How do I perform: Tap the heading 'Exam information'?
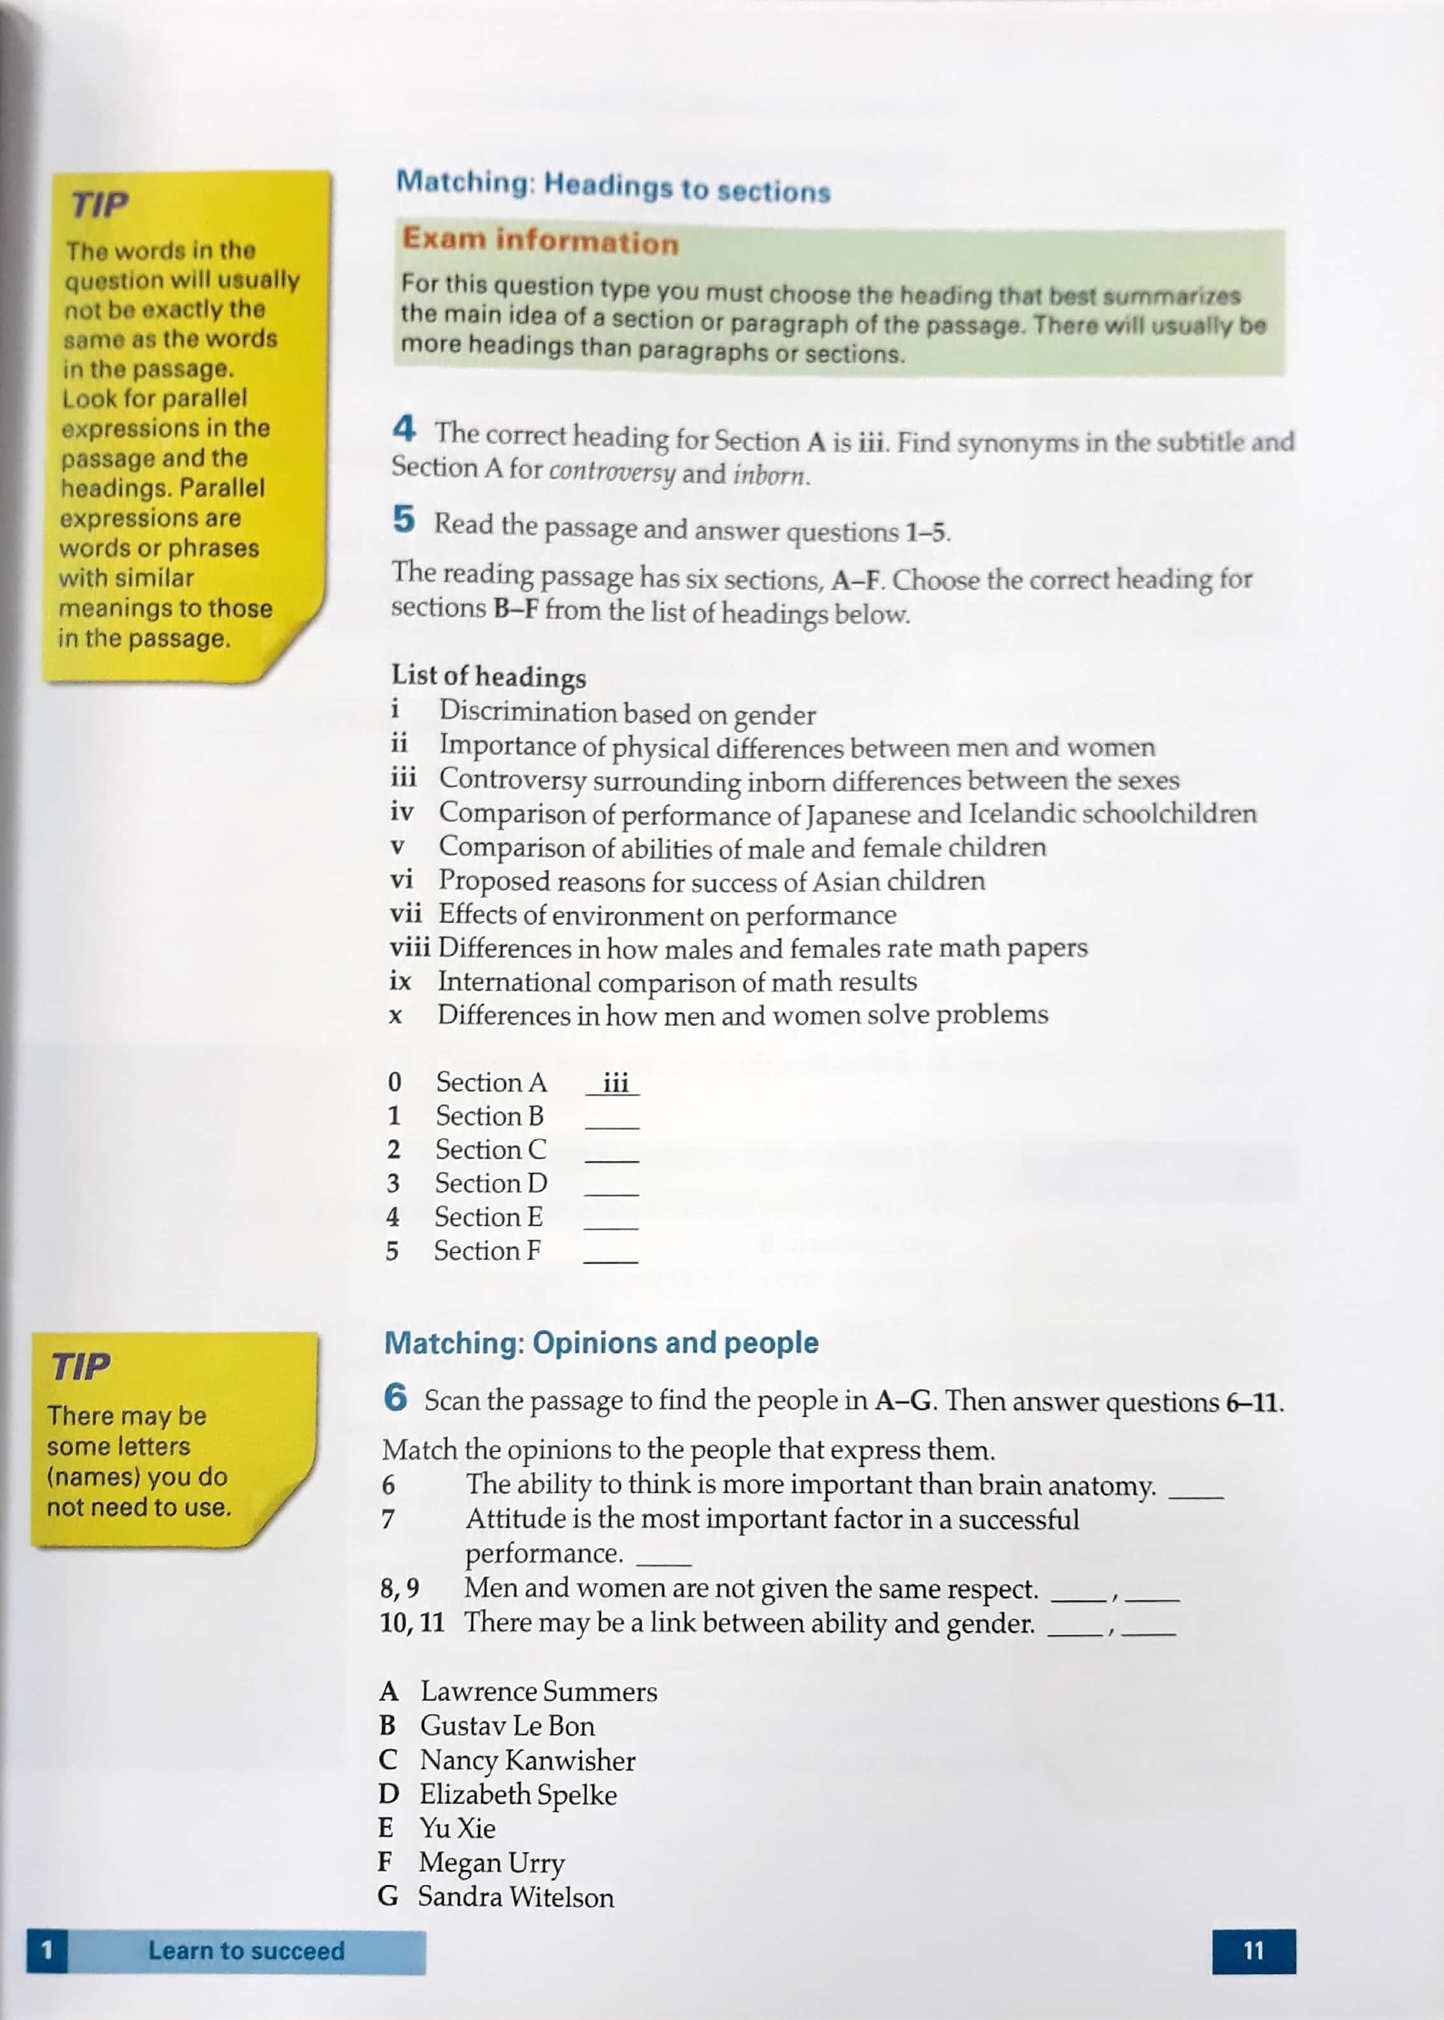pyautogui.click(x=540, y=240)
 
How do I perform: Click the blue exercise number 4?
pyautogui.click(x=404, y=429)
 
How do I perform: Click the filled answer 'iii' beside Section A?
pyautogui.click(x=614, y=1083)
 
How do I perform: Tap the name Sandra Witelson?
pyautogui.click(x=516, y=1896)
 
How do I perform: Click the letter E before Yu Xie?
pyautogui.click(x=386, y=1828)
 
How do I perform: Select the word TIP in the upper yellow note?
pyautogui.click(x=99, y=204)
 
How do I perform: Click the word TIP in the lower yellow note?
pyautogui.click(x=81, y=1367)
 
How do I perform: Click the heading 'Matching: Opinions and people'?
pyautogui.click(x=601, y=1342)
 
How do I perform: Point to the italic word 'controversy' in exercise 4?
pyautogui.click(x=612, y=471)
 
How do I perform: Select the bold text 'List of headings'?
pyautogui.click(x=488, y=676)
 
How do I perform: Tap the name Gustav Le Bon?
pyautogui.click(x=507, y=1726)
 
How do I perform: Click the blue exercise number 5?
pyautogui.click(x=404, y=518)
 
